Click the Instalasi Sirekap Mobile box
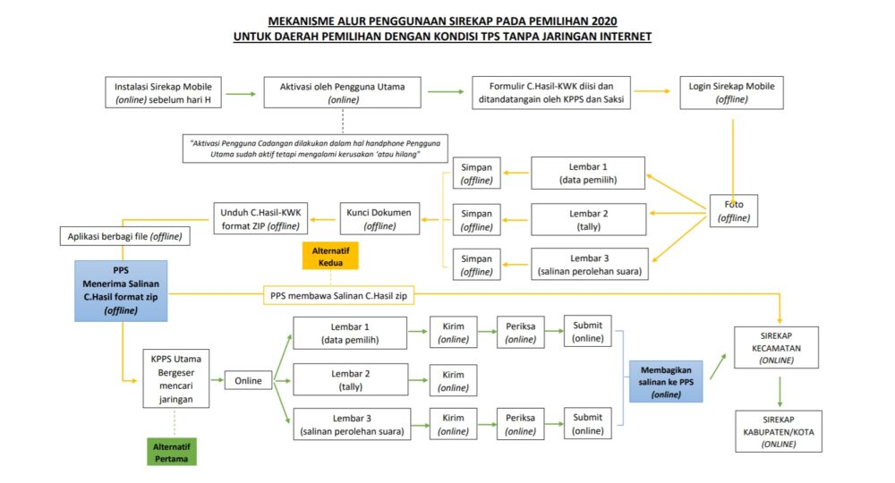pyautogui.click(x=163, y=92)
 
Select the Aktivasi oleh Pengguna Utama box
pyautogui.click(x=343, y=92)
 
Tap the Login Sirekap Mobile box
pyautogui.click(x=733, y=92)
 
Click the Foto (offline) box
pyautogui.click(x=734, y=209)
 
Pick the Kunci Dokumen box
pyautogui.click(x=379, y=218)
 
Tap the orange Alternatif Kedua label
pyautogui.click(x=329, y=255)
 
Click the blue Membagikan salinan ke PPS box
pyautogui.click(x=666, y=381)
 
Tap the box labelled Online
pyautogui.click(x=248, y=380)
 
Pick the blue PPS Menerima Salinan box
pyautogui.click(x=121, y=291)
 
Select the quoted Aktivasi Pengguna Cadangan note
pyautogui.click(x=316, y=148)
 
